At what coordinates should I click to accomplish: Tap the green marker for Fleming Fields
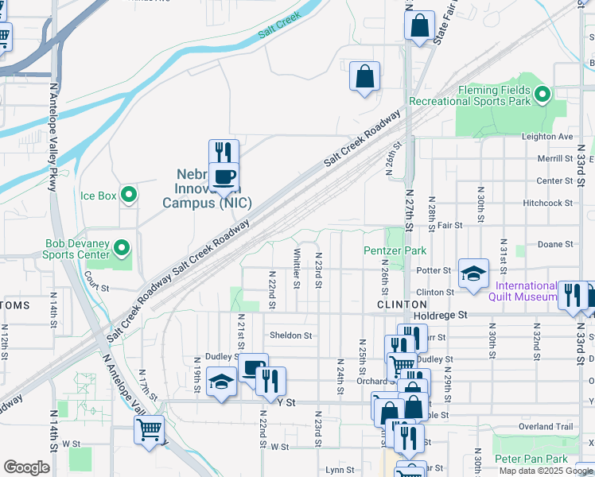coord(542,95)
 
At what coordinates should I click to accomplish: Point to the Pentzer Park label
coord(395,251)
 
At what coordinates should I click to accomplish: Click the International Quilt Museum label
coord(526,291)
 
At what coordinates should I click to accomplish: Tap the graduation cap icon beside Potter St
coord(473,274)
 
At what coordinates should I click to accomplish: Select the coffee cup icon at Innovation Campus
coord(224,176)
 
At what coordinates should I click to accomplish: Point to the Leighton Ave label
coord(547,137)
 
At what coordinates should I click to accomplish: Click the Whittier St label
coord(297,267)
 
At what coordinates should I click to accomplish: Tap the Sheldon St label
coord(290,335)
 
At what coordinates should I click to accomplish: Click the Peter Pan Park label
coord(531,460)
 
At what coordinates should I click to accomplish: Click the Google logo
coord(26,467)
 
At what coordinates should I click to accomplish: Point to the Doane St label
coord(557,244)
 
